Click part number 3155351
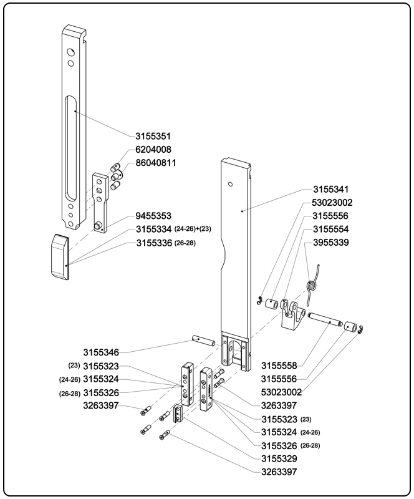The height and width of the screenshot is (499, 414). pyautogui.click(x=153, y=136)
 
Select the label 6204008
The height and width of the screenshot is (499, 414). pyautogui.click(x=153, y=150)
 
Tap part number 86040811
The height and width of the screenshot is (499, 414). pyautogui.click(x=156, y=163)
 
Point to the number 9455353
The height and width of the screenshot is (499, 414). pyautogui.click(x=153, y=216)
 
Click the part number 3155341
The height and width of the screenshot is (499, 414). pyautogui.click(x=331, y=189)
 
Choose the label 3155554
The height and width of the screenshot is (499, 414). pyautogui.click(x=331, y=229)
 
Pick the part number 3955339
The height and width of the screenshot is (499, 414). pyautogui.click(x=331, y=242)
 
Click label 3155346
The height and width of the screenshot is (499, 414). pyautogui.click(x=101, y=352)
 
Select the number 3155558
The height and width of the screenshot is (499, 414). pyautogui.click(x=278, y=366)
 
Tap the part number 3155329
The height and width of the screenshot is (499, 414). pyautogui.click(x=278, y=458)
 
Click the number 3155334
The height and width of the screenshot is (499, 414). pyautogui.click(x=153, y=230)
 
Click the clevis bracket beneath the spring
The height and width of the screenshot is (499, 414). pyautogui.click(x=292, y=316)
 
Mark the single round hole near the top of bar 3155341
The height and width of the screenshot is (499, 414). pyautogui.click(x=231, y=185)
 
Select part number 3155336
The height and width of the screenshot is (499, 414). pyautogui.click(x=153, y=243)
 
